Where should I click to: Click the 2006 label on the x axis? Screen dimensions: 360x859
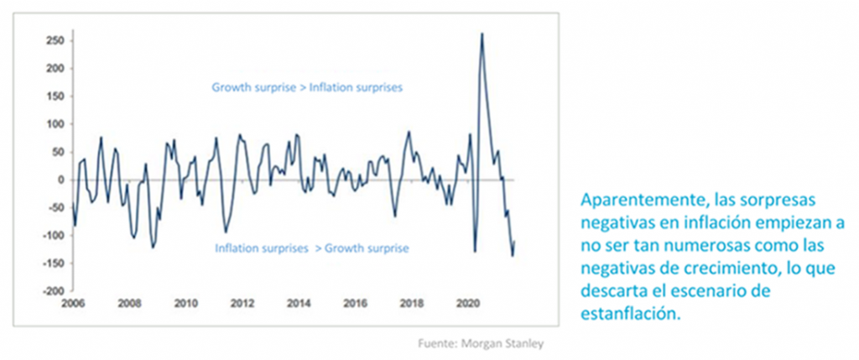click(73, 304)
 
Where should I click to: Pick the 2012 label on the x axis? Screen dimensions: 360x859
click(242, 304)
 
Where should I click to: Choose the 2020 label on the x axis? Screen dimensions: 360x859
click(470, 304)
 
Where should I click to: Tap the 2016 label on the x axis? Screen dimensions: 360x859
click(356, 304)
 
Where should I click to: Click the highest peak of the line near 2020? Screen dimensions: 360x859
click(482, 34)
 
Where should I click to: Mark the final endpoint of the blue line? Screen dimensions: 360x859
click(515, 242)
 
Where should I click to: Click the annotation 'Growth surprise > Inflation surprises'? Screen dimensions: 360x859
click(307, 86)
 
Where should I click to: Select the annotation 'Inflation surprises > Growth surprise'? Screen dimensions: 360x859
click(312, 248)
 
